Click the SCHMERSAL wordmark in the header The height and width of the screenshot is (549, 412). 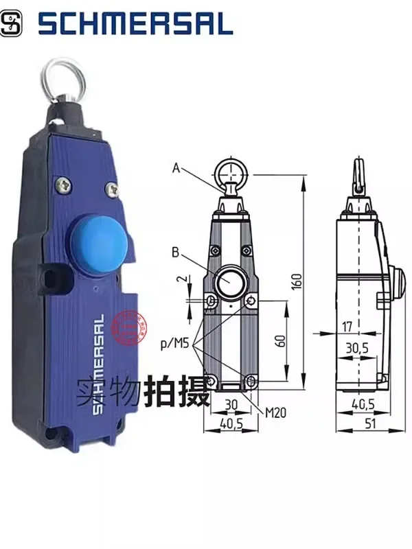point(135,25)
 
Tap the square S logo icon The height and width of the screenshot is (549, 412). point(12,25)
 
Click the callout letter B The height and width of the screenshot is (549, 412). point(176,253)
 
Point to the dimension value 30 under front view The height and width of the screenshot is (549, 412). point(231,404)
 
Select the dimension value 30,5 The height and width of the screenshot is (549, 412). point(357,349)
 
